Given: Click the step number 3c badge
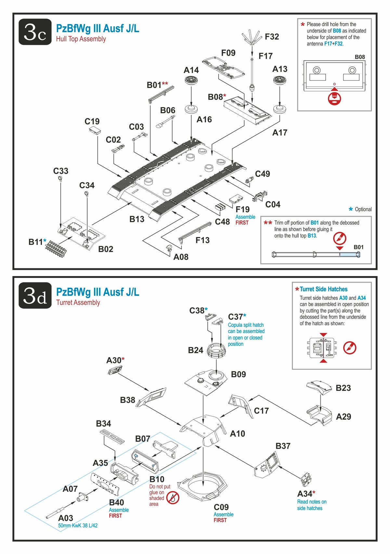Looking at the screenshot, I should (x=35, y=32).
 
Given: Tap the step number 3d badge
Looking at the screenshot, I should (x=35, y=296).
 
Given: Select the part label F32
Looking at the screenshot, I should (x=272, y=37).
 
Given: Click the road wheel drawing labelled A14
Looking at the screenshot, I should (x=191, y=80).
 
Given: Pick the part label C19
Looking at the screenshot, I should (x=92, y=121).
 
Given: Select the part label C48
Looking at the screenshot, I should (x=222, y=222).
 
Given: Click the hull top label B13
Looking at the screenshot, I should (x=136, y=219).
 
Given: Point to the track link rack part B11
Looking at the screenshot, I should (x=56, y=249).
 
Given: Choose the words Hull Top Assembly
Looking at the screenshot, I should (x=81, y=39).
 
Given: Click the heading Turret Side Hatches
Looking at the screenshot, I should (x=323, y=289).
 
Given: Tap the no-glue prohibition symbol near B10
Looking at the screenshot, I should (x=173, y=497).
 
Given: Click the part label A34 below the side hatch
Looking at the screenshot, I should (x=305, y=494).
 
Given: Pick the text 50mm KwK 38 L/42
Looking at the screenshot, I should (x=78, y=525).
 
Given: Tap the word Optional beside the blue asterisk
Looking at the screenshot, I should (x=363, y=209).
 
